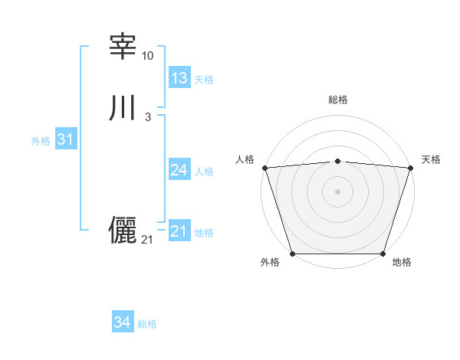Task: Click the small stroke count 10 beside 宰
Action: tap(147, 57)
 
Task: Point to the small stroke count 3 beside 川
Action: tap(147, 117)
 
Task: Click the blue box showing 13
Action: tap(179, 78)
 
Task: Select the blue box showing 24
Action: tap(179, 170)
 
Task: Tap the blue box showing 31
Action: tap(65, 139)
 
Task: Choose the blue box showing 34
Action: tap(123, 323)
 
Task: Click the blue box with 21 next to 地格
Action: tap(179, 231)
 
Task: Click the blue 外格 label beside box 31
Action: tap(41, 141)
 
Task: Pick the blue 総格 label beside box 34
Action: tap(147, 325)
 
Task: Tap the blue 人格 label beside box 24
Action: tap(205, 172)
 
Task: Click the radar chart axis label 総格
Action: tap(337, 100)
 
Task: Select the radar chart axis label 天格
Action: tap(432, 159)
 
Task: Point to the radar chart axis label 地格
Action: tap(402, 263)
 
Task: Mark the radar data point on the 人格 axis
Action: tap(264, 167)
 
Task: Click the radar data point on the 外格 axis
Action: tap(292, 254)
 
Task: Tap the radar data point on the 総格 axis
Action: tap(337, 161)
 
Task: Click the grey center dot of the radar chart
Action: tap(337, 191)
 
